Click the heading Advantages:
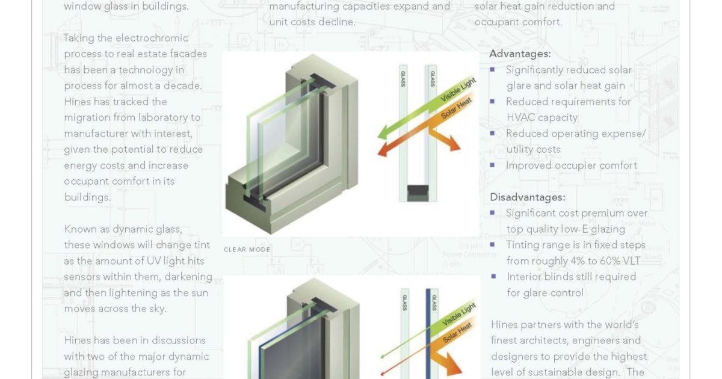[x=520, y=54]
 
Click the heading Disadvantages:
[x=527, y=197]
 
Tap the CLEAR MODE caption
[x=247, y=249]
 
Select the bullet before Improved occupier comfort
[x=493, y=165]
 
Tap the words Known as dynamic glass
[x=123, y=229]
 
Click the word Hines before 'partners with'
[x=506, y=324]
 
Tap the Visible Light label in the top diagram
[x=459, y=90]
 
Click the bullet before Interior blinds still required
[x=493, y=276]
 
